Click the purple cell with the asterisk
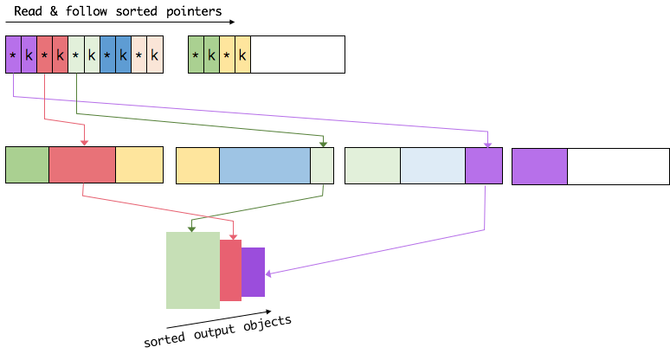13,55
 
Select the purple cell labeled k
29,55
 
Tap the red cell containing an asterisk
44,55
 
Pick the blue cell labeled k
123,55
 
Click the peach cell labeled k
154,55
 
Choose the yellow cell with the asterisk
227,55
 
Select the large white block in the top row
297,55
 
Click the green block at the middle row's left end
28,165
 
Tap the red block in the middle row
82,165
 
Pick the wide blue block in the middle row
264,165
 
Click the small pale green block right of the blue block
322,165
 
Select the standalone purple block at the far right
539,166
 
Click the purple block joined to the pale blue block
483,165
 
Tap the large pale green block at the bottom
192,270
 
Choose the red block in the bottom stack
230,270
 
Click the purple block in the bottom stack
253,272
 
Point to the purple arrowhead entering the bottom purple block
268,273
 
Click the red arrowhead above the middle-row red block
84,143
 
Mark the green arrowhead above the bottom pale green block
191,228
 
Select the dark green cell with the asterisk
196,55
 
